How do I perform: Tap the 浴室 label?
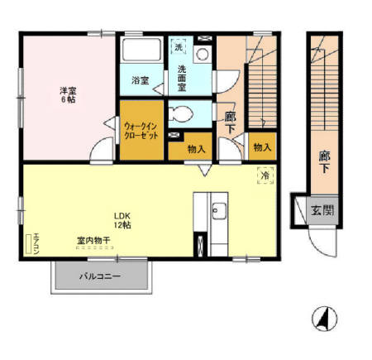[141, 80]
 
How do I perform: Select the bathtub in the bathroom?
[141, 52]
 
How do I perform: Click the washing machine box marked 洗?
[179, 48]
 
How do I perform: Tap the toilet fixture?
[182, 113]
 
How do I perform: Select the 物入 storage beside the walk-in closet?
[196, 149]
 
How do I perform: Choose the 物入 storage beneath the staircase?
[262, 146]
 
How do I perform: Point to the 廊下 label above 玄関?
[324, 160]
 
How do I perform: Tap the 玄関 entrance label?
[323, 210]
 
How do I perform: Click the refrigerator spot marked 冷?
[265, 175]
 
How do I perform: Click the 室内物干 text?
[94, 240]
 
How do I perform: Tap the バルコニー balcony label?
[100, 276]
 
